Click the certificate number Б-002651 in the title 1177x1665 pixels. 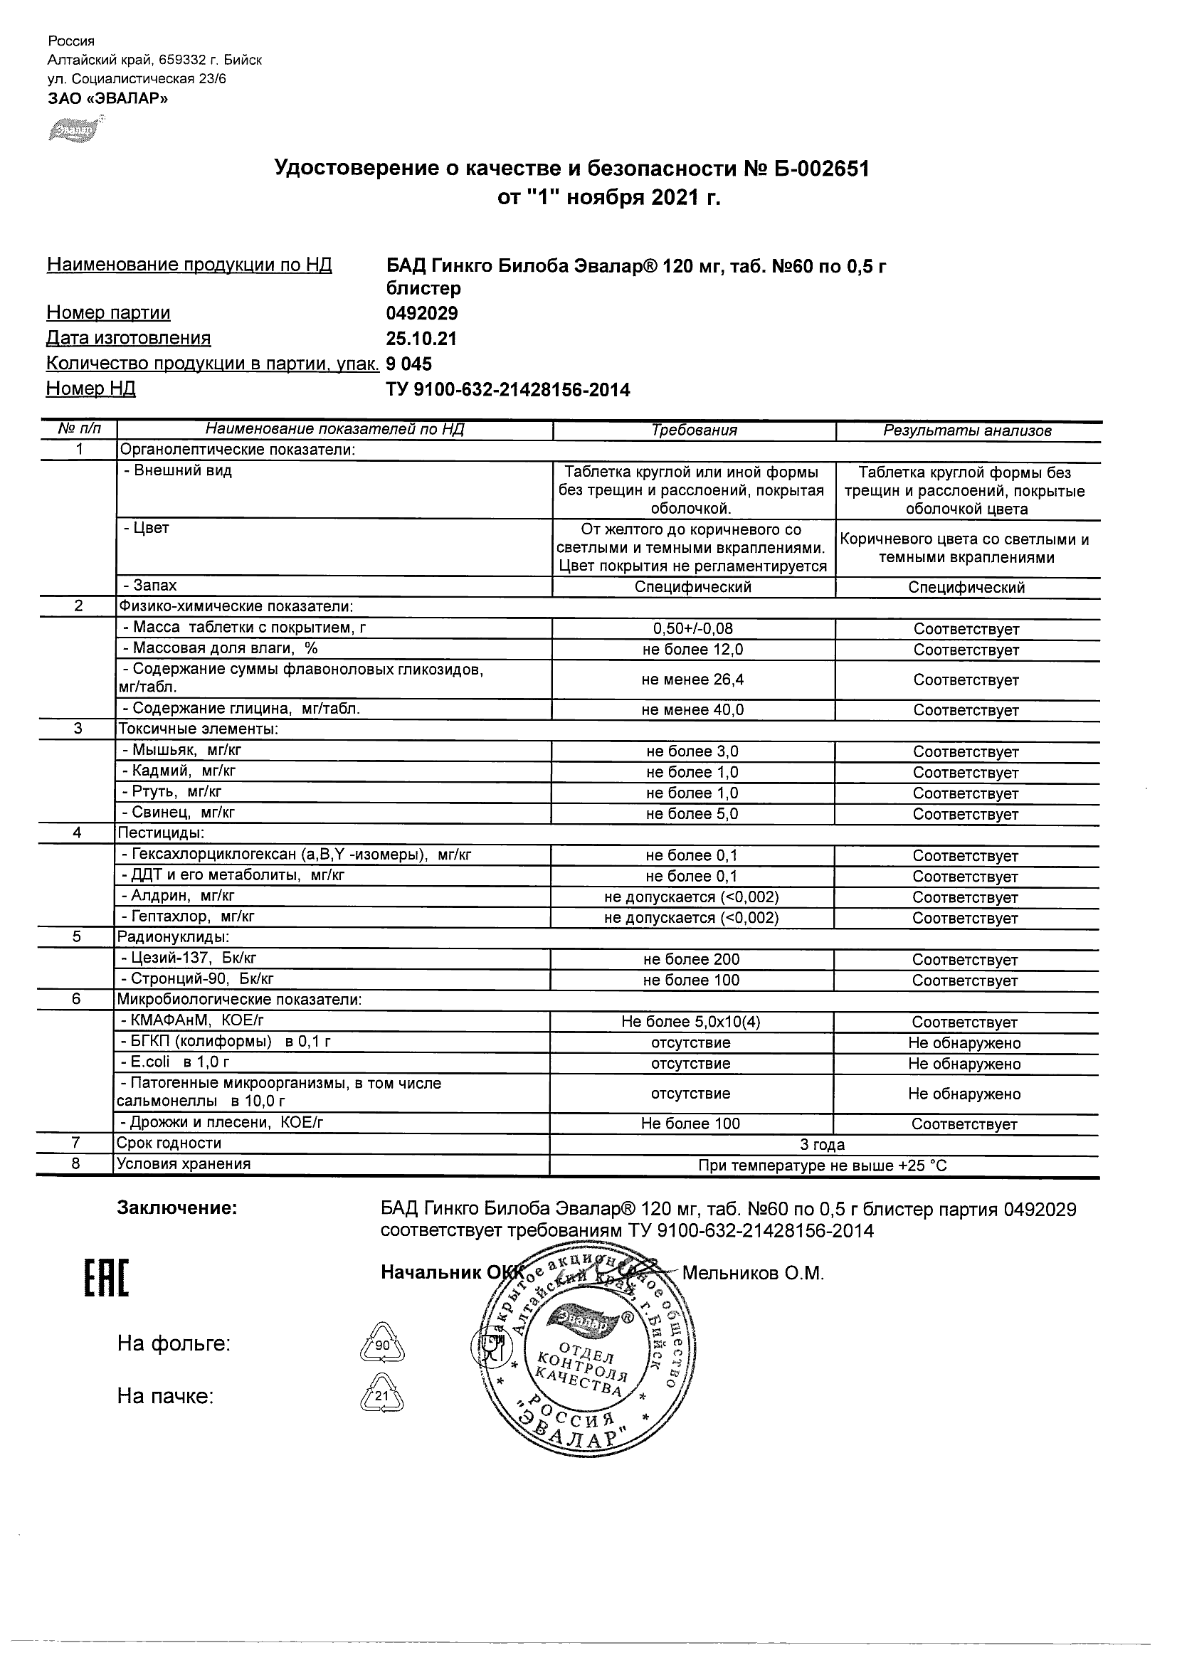[x=815, y=169]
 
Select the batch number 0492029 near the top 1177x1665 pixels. [x=422, y=313]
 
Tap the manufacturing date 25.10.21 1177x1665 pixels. [x=421, y=339]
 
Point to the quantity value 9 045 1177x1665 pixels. [x=409, y=364]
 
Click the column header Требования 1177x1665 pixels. [x=694, y=430]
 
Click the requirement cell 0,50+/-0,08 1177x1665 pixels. [x=692, y=629]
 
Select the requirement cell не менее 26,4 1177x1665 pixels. [x=692, y=680]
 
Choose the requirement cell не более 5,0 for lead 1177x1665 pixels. [x=692, y=814]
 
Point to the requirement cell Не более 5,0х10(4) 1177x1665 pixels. [x=690, y=1022]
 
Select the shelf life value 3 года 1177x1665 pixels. [x=823, y=1145]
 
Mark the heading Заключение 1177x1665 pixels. [x=177, y=1208]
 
